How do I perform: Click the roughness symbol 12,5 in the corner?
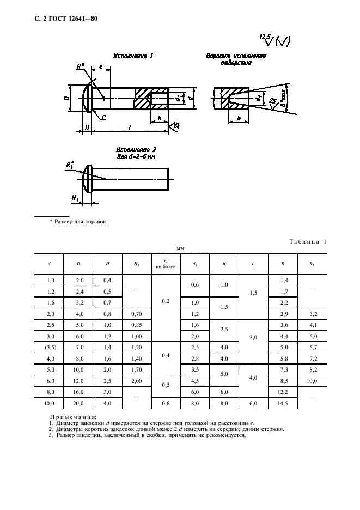(x=265, y=37)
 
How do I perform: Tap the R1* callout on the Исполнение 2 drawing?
(x=69, y=164)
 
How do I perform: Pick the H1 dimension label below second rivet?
(x=76, y=199)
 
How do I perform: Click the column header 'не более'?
(x=165, y=267)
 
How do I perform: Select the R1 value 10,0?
(x=312, y=381)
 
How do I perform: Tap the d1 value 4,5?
(x=195, y=381)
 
